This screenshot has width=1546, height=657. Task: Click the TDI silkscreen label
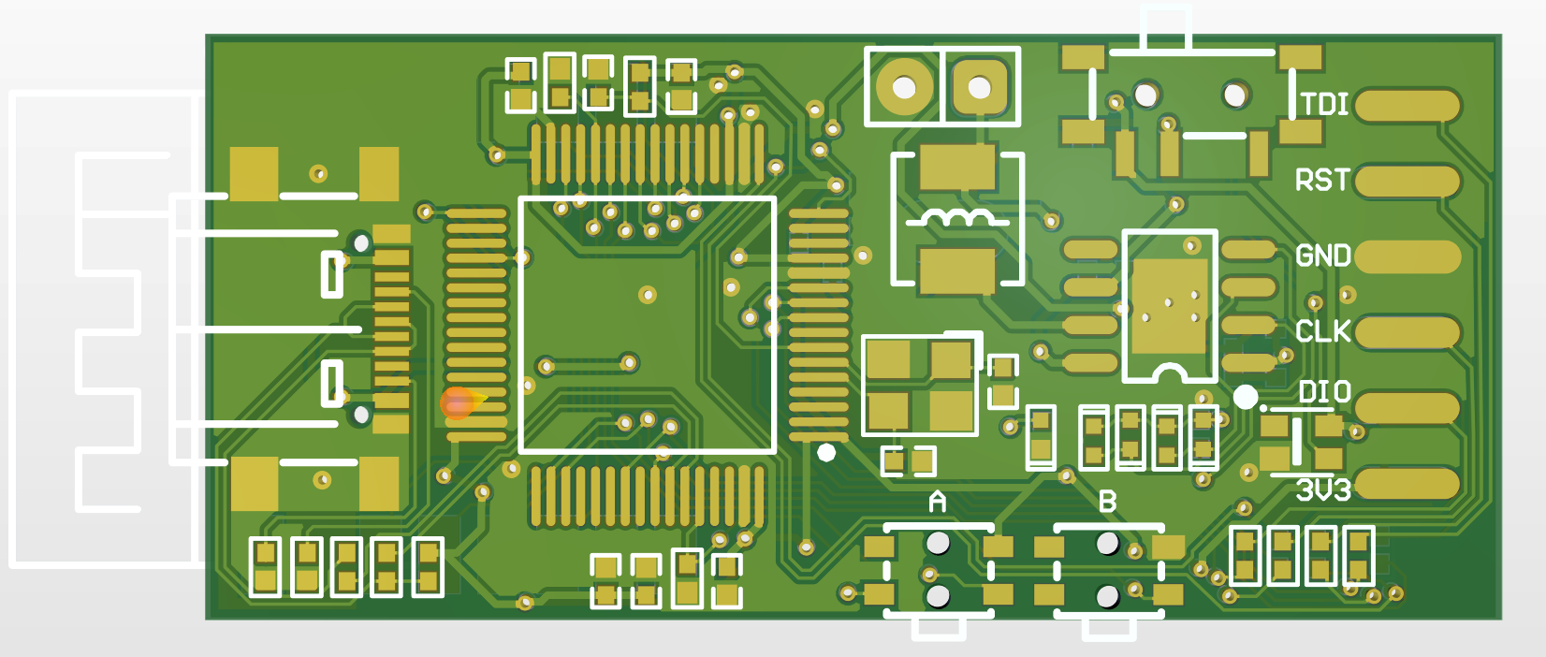(1325, 104)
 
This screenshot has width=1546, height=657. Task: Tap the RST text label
(1322, 180)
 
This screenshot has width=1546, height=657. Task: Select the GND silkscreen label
(1323, 255)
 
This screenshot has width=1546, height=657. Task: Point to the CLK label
(1323, 331)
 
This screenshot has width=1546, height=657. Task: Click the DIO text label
(1325, 392)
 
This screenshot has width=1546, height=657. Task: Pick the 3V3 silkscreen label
(1323, 490)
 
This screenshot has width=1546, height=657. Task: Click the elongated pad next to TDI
(1407, 106)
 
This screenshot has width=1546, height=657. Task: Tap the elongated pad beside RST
(1407, 181)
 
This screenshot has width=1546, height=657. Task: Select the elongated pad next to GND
(1407, 256)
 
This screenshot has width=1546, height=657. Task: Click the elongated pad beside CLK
(1407, 332)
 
